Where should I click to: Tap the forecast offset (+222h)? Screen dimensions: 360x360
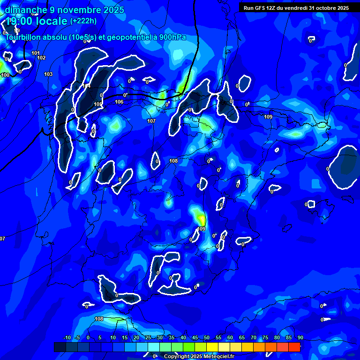83,21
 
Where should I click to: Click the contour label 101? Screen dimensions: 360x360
36,53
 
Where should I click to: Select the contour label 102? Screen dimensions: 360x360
41,58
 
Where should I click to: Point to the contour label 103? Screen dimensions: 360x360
48,75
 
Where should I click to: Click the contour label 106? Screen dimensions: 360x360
119,102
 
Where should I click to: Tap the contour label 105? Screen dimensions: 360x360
97,104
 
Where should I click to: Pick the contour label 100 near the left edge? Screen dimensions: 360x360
5,75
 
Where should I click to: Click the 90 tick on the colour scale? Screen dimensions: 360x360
300,338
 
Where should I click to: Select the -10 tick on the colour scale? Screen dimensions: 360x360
67,338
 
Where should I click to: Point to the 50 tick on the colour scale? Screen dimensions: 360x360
207,338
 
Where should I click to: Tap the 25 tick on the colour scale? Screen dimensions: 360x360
148,338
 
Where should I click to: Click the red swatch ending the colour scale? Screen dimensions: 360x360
294,347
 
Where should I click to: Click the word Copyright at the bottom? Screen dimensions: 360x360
177,357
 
